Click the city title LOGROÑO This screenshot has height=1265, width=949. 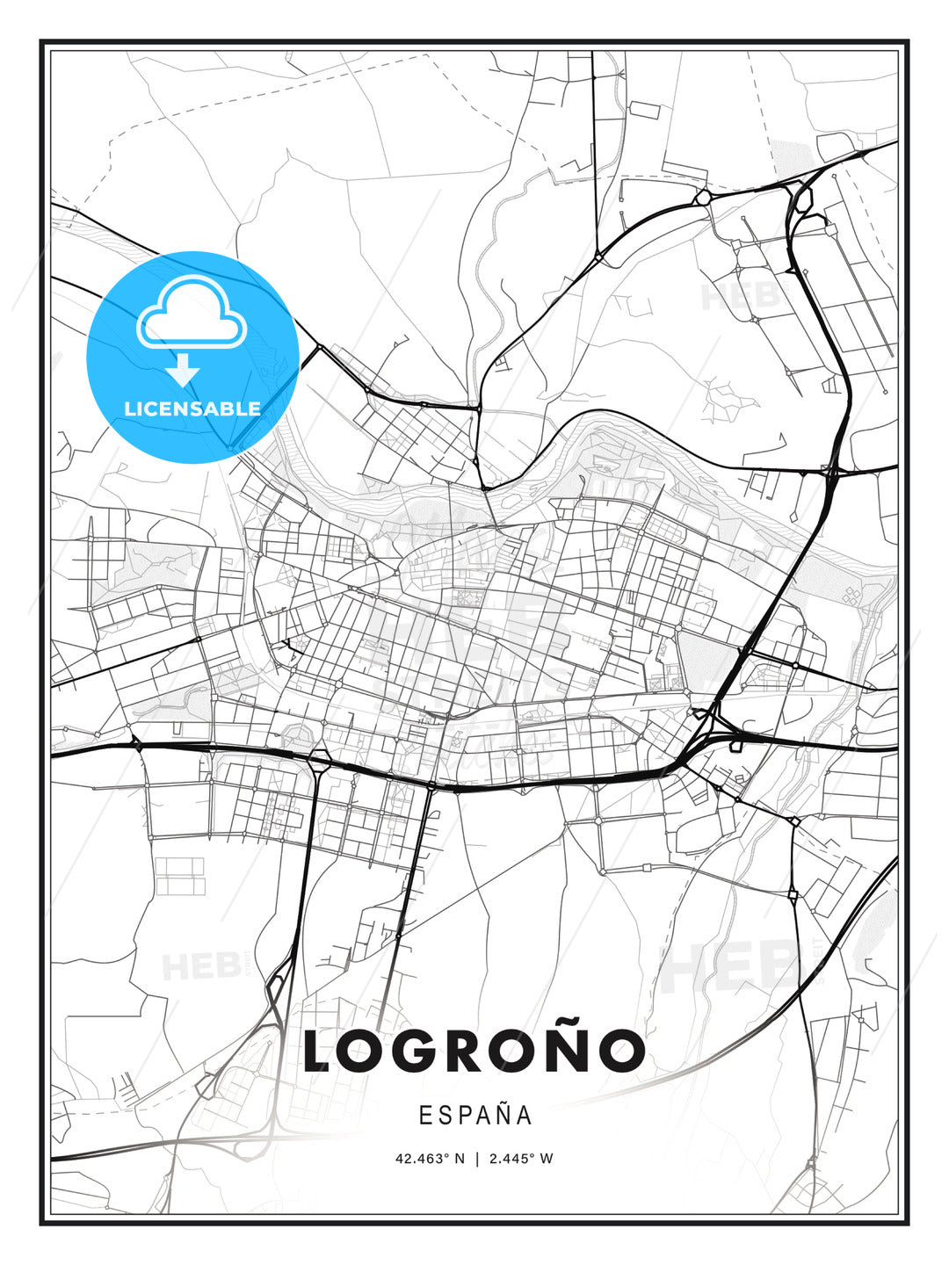[x=474, y=1051]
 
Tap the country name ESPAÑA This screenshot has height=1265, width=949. [x=475, y=1116]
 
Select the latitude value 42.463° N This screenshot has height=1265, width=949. [x=430, y=1159]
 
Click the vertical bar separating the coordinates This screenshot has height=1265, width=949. [x=475, y=1159]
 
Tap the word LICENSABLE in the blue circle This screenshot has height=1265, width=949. [x=192, y=408]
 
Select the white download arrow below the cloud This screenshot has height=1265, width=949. [x=183, y=371]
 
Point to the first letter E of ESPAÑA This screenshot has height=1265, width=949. [x=425, y=1116]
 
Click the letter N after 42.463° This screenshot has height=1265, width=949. [x=459, y=1159]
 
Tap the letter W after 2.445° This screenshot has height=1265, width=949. [x=547, y=1159]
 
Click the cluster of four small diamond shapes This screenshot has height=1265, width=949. [x=851, y=596]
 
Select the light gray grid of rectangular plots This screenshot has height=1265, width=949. [x=179, y=875]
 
